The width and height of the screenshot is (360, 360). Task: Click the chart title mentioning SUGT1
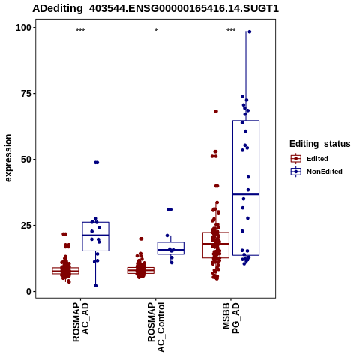pyautogui.click(x=155, y=9)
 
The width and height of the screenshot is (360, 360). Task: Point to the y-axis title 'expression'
pyautogui.click(x=8, y=158)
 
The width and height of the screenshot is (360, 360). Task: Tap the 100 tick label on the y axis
pyautogui.click(x=24, y=28)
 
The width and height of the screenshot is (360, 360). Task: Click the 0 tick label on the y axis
pyautogui.click(x=29, y=292)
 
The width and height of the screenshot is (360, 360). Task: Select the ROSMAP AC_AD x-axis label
pyautogui.click(x=81, y=322)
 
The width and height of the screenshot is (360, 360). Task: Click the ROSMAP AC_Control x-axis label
pyautogui.click(x=156, y=327)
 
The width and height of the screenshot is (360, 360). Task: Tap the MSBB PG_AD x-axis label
pyautogui.click(x=231, y=318)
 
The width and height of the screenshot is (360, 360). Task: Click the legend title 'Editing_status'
pyautogui.click(x=319, y=144)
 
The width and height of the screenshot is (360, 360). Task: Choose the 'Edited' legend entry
pyautogui.click(x=310, y=159)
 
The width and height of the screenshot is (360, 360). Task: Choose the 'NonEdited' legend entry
pyautogui.click(x=316, y=172)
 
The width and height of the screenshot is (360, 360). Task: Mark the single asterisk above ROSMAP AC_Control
pyautogui.click(x=156, y=31)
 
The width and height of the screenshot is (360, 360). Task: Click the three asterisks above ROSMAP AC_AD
pyautogui.click(x=80, y=31)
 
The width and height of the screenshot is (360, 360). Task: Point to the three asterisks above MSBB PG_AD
pyautogui.click(x=231, y=31)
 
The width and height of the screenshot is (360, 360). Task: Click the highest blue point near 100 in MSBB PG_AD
pyautogui.click(x=249, y=31)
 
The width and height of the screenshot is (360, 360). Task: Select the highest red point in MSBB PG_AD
pyautogui.click(x=216, y=111)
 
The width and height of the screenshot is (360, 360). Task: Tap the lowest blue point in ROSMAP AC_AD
pyautogui.click(x=96, y=286)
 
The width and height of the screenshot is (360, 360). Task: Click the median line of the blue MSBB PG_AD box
pyautogui.click(x=246, y=194)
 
